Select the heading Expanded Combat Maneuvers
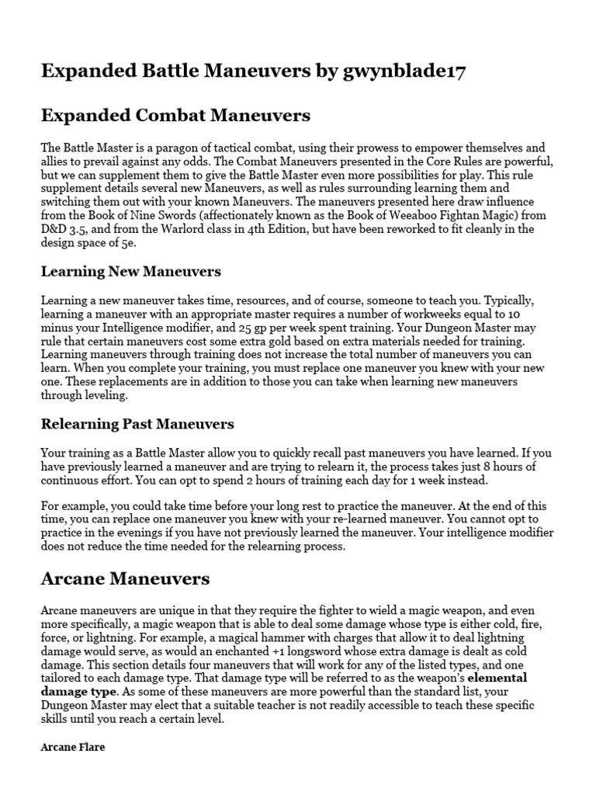pos(175,116)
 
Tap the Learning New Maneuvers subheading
pos(130,272)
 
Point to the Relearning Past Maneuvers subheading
pos(137,424)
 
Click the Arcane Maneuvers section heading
pos(125,578)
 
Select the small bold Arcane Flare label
pos(72,747)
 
